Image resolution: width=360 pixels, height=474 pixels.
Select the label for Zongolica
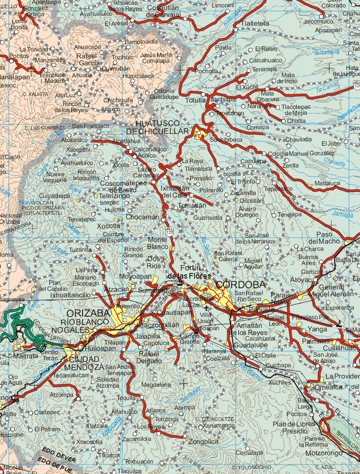point(203,442)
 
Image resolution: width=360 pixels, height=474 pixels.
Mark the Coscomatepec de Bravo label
point(123,187)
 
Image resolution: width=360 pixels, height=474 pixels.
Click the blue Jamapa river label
point(343,215)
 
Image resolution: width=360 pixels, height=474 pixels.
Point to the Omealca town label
point(328,388)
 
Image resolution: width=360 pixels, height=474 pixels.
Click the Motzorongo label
point(324,453)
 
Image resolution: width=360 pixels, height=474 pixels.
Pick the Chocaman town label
point(142,217)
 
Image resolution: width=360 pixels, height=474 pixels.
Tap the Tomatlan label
point(192,205)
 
